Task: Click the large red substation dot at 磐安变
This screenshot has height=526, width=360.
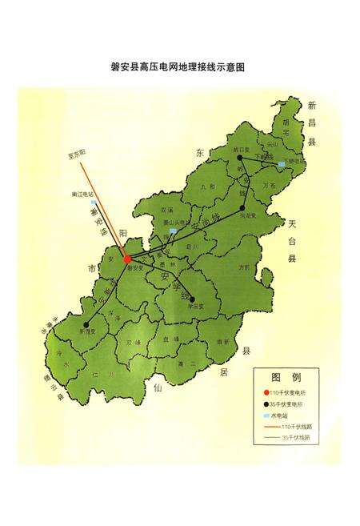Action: (x=128, y=259)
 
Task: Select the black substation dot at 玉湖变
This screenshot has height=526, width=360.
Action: (x=242, y=208)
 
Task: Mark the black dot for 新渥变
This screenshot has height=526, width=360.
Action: (x=86, y=324)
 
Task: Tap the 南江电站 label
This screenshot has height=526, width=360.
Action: (x=82, y=194)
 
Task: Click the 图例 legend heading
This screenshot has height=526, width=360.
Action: (x=285, y=377)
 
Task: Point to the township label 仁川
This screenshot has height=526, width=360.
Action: (x=98, y=374)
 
